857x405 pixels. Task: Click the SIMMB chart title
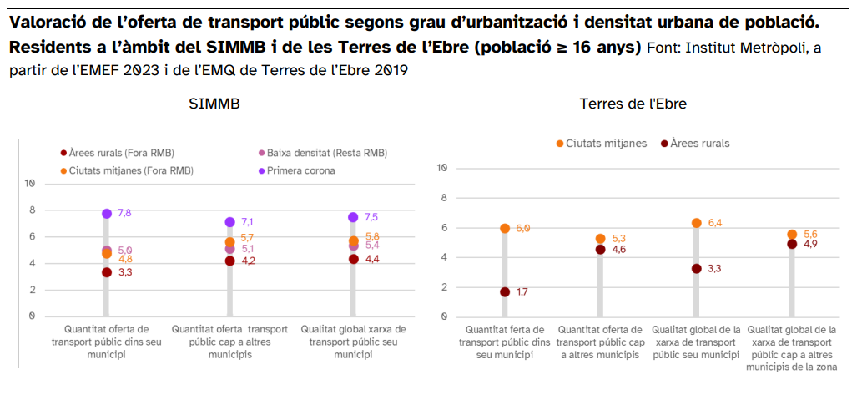click(214, 104)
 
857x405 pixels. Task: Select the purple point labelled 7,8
click(107, 214)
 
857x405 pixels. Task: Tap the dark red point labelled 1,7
click(505, 292)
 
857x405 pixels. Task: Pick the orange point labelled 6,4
click(696, 223)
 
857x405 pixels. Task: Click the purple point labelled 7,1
click(229, 222)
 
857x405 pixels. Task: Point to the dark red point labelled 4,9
click(792, 244)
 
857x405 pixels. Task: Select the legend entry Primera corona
click(300, 170)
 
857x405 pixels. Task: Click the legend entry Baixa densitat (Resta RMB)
click(326, 153)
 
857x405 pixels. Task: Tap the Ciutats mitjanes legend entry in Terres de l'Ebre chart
click(606, 144)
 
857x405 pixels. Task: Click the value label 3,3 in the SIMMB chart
click(125, 272)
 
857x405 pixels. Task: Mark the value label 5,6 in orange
click(810, 235)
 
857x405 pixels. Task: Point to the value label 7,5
click(372, 217)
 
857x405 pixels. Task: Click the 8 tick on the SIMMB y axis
click(32, 210)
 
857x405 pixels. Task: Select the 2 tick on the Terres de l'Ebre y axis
click(444, 286)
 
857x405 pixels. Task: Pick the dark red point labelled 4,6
click(601, 249)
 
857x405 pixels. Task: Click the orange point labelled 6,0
click(505, 228)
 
